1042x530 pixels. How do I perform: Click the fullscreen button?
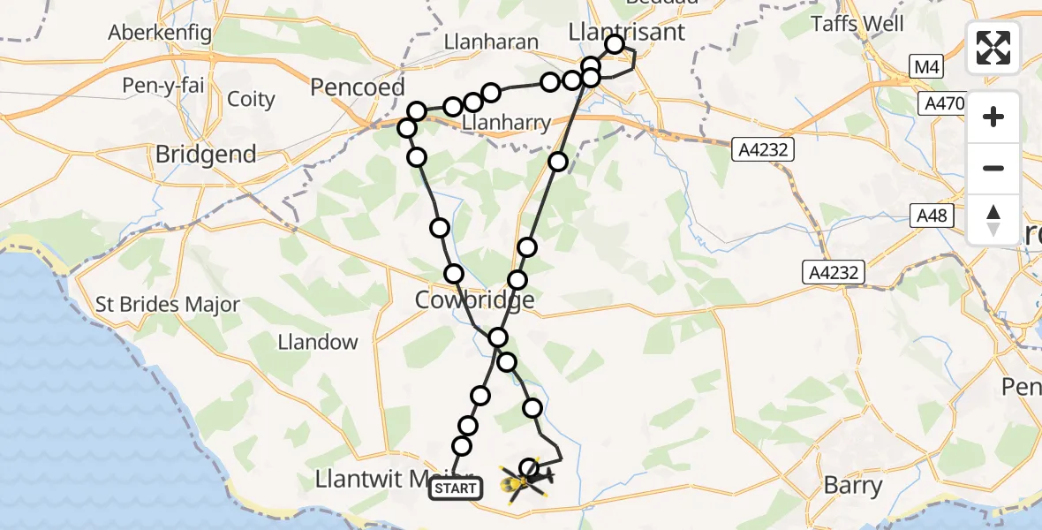(993, 47)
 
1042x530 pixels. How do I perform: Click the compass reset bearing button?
(993, 219)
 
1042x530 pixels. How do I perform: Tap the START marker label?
(456, 488)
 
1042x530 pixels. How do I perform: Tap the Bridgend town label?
(206, 155)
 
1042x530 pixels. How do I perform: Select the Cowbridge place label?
(475, 300)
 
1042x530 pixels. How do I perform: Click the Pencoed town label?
(358, 87)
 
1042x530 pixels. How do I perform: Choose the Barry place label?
(852, 485)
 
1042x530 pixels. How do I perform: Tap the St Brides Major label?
(168, 306)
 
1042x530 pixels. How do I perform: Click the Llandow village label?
(318, 342)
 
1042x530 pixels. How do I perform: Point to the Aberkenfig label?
(159, 33)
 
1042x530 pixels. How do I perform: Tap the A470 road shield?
(942, 104)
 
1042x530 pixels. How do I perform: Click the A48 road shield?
(929, 215)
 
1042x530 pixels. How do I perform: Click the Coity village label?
(252, 99)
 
